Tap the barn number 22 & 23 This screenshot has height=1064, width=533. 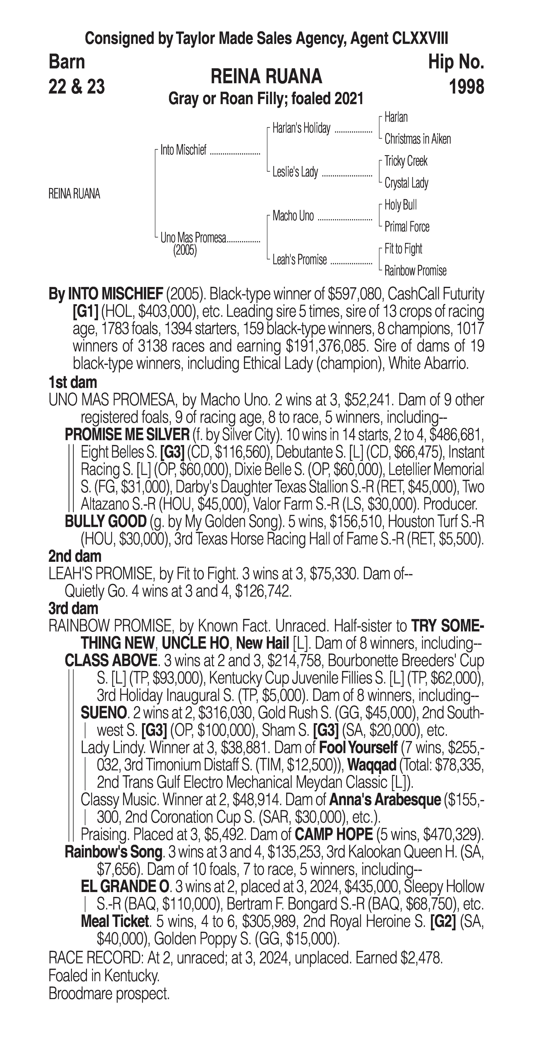[76, 87]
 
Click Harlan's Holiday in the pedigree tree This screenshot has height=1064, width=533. [301, 128]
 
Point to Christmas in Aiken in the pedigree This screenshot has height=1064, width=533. [417, 139]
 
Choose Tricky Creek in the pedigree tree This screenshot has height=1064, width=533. [406, 161]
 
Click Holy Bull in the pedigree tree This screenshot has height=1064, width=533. [400, 205]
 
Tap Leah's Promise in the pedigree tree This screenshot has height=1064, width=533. [300, 260]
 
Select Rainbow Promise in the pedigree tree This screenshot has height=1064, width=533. [415, 271]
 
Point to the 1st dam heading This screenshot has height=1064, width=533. [73, 382]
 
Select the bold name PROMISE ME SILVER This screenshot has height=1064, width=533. [127, 435]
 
